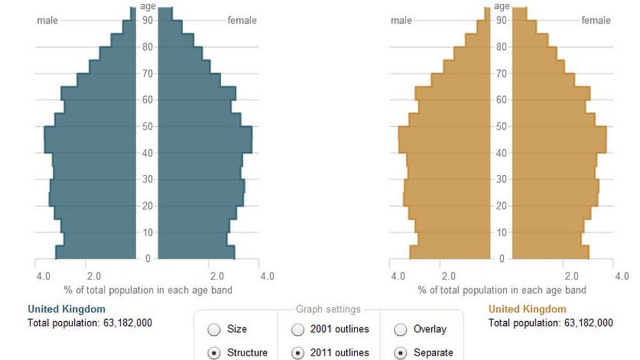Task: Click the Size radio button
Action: point(214,329)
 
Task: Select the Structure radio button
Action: point(214,353)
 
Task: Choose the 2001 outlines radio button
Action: point(298,329)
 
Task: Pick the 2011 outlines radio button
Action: point(298,353)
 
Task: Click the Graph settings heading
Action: point(328,309)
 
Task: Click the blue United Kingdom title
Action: point(67,309)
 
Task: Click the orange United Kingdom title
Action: point(527,309)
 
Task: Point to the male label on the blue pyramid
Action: point(47,21)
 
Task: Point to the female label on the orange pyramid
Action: point(596,21)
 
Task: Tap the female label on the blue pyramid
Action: point(242,21)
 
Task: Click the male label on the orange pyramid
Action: point(401,21)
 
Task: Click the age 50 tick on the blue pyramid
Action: point(147,126)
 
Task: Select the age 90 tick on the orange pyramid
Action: point(501,21)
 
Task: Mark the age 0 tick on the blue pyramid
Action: point(147,259)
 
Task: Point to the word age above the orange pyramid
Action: point(502,7)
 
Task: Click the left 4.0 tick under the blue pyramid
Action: point(43,276)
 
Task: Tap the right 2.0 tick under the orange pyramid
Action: point(571,276)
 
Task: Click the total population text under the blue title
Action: point(90,323)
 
